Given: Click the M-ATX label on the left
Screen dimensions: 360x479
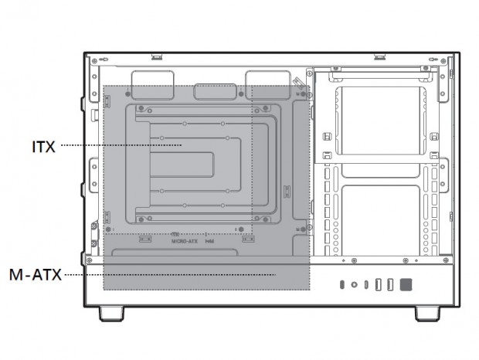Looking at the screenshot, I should [x=36, y=274].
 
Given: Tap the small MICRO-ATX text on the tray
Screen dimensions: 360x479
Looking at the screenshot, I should [x=185, y=241].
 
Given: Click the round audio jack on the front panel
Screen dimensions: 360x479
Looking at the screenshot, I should [x=355, y=285].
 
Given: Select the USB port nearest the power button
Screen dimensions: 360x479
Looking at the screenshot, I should [x=390, y=285].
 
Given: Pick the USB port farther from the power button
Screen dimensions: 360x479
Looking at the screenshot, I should [x=378, y=285].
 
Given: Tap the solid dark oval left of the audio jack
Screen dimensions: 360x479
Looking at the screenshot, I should [x=342, y=285].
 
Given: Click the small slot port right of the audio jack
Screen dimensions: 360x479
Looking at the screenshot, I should [x=365, y=285].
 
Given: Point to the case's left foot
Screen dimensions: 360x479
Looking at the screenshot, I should [x=114, y=313].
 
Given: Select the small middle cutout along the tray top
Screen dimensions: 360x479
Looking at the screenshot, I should [x=211, y=91].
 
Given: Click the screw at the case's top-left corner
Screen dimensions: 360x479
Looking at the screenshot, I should [x=93, y=60].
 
